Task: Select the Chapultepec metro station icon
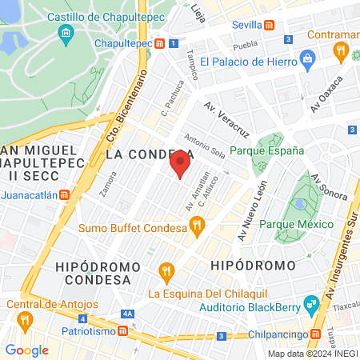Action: pos(161,43)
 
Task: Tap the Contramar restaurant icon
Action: pos(341,53)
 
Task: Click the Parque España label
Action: pos(266,150)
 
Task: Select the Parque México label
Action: pos(296,225)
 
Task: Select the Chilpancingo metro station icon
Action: pos(317,332)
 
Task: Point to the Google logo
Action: pos(26,350)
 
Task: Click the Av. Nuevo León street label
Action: pos(250,210)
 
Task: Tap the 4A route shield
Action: pos(127,314)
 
